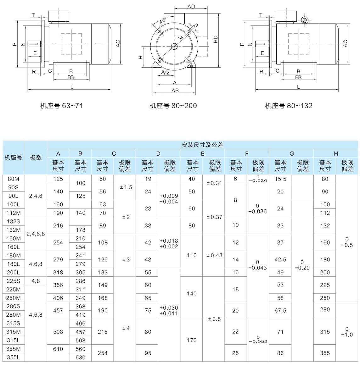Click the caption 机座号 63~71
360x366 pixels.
click(x=62, y=106)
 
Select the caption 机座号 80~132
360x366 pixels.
click(x=289, y=106)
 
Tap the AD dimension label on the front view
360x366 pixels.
click(x=191, y=7)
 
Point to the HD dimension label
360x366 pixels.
click(x=216, y=39)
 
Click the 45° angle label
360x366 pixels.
click(x=163, y=21)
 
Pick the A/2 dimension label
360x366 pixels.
click(x=166, y=72)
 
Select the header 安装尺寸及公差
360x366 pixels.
click(x=202, y=145)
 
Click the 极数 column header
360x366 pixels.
click(x=36, y=158)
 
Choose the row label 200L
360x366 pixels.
click(x=14, y=273)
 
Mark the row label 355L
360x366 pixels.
click(x=14, y=358)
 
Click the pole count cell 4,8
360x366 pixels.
click(x=36, y=281)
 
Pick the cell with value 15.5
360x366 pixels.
click(x=280, y=179)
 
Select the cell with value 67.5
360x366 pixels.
click(x=280, y=311)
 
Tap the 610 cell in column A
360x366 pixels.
click(x=58, y=349)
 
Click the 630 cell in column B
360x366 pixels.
click(x=80, y=358)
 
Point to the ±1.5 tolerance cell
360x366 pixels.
click(x=126, y=187)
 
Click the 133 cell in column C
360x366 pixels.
click(x=103, y=273)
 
